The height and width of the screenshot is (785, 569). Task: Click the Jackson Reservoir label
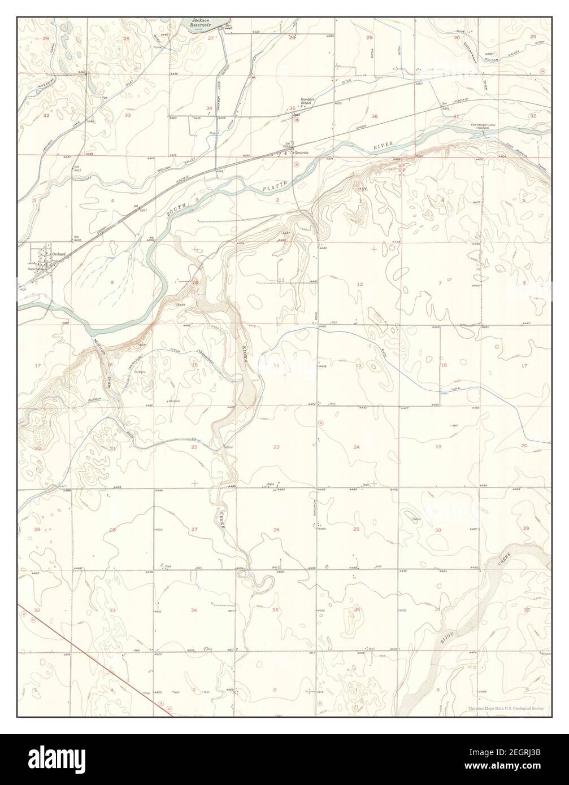pyautogui.click(x=202, y=22)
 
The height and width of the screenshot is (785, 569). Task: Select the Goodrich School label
pyautogui.click(x=307, y=101)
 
